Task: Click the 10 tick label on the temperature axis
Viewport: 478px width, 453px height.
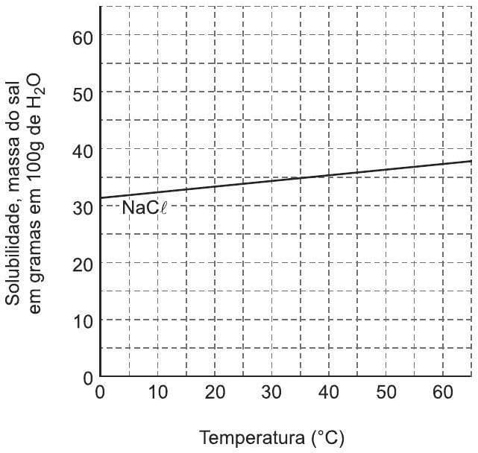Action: [158, 393]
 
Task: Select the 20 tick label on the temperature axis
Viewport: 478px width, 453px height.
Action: [215, 393]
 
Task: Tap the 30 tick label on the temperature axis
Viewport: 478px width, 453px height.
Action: [271, 393]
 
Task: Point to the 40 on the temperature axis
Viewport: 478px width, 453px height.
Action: [329, 393]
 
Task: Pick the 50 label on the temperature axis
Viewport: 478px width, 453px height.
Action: [386, 393]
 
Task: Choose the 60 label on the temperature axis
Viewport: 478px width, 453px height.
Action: [443, 393]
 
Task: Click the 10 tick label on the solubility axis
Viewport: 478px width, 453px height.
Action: [84, 321]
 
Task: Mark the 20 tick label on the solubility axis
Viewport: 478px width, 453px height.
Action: [84, 264]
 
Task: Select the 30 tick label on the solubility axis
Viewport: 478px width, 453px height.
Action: [84, 208]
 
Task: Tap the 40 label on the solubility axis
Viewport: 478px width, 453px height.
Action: [84, 151]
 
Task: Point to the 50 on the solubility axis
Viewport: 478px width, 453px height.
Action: [84, 93]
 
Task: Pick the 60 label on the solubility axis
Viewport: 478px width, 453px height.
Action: [84, 37]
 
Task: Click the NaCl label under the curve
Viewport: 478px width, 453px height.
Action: [144, 208]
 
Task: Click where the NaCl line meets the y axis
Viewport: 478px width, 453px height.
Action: [100, 198]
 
